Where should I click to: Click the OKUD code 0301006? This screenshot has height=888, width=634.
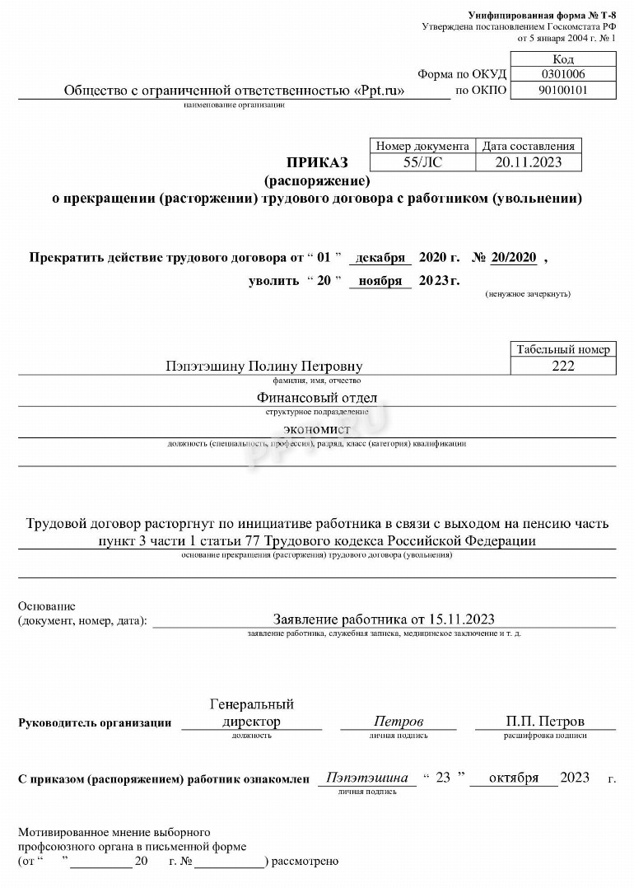click(563, 74)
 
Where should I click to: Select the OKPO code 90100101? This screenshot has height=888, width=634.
click(563, 91)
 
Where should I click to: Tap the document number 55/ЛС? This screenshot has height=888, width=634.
click(422, 162)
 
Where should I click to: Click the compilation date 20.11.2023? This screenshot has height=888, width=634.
click(529, 162)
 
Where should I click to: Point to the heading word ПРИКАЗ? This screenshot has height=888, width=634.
click(317, 162)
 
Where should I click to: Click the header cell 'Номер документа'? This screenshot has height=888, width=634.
click(422, 146)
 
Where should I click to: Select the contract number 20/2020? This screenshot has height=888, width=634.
click(514, 258)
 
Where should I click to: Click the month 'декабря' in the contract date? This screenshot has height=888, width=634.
click(380, 258)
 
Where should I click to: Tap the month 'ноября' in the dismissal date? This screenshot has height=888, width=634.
click(380, 281)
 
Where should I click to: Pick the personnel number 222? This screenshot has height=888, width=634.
click(563, 366)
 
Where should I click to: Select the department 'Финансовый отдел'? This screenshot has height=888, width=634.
click(317, 399)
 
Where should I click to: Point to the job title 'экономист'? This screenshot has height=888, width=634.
click(317, 430)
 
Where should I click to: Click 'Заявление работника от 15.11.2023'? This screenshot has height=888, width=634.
click(384, 619)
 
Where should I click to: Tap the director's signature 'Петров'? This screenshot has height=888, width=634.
click(399, 722)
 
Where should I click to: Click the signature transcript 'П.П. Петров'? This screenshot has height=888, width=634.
click(545, 722)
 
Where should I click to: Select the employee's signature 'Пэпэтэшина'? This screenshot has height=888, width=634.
click(367, 778)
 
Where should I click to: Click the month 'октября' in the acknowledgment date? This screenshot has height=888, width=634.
click(514, 778)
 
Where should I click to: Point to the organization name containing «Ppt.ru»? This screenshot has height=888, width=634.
click(235, 91)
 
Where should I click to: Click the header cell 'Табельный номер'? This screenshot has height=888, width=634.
click(563, 349)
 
